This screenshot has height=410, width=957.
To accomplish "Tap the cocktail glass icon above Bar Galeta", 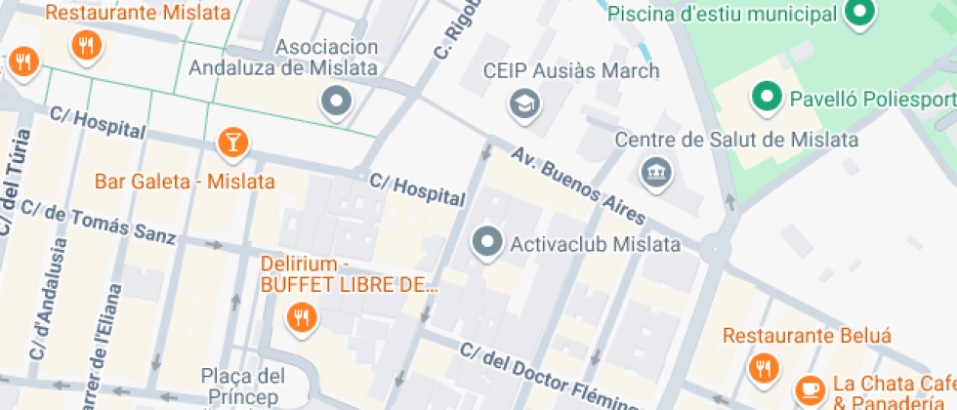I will click(233, 143).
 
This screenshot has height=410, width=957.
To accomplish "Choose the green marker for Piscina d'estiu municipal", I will click(859, 14).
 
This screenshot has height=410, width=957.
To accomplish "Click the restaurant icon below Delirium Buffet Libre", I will click(301, 316).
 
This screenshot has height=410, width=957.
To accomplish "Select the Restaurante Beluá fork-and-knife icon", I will click(761, 368).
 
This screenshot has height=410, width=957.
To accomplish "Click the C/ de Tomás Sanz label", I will click(98, 223).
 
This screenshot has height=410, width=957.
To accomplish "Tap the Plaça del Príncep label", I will click(242, 386).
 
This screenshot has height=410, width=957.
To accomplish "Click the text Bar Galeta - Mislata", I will click(185, 182).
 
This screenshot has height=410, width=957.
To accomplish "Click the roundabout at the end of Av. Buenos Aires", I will click(717, 251).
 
